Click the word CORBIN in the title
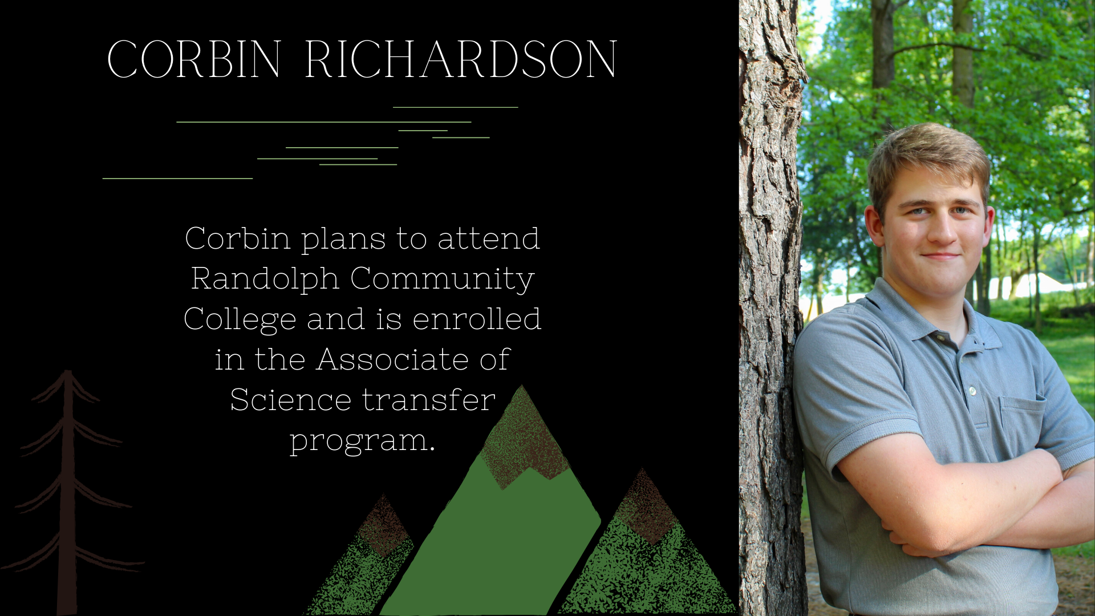[194, 59]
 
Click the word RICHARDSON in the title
[461, 59]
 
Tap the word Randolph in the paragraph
[265, 278]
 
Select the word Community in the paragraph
[443, 279]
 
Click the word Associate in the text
[392, 359]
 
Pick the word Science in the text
[290, 399]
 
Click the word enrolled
[477, 319]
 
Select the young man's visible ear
[873, 225]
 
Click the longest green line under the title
[324, 122]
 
